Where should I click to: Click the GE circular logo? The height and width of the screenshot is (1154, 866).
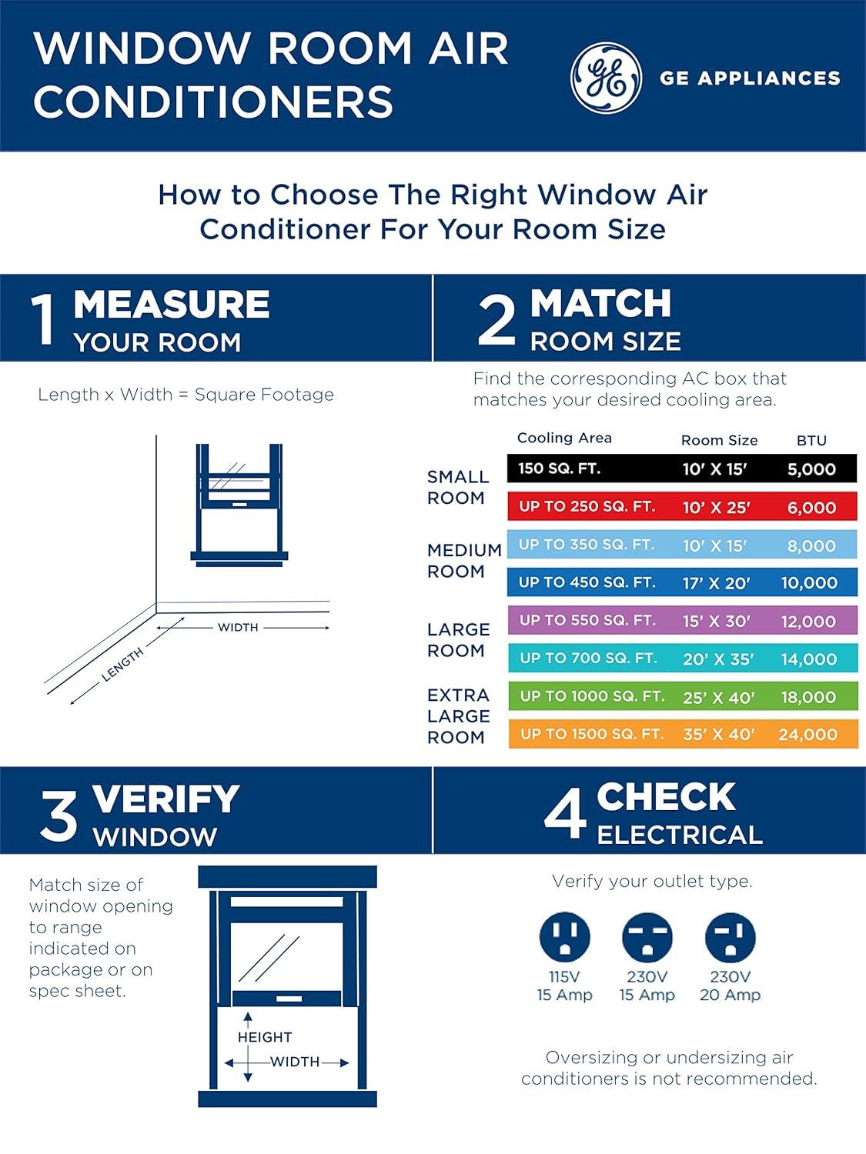[606, 78]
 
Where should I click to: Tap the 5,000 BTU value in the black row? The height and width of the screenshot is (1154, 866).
[811, 469]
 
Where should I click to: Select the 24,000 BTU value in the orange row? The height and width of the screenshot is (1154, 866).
[807, 735]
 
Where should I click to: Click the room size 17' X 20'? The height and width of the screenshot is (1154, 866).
[716, 583]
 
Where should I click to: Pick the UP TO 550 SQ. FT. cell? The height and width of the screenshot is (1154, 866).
[587, 621]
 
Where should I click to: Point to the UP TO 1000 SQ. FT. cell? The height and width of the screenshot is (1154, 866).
[592, 697]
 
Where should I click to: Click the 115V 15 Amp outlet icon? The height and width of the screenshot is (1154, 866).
[565, 937]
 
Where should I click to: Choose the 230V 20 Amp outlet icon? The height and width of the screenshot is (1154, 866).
[730, 937]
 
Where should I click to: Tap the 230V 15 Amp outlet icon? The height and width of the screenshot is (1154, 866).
[647, 937]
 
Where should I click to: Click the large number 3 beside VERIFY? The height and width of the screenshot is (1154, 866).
[59, 816]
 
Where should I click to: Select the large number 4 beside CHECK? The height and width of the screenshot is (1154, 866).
[565, 815]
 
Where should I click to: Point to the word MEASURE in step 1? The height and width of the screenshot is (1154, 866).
[172, 305]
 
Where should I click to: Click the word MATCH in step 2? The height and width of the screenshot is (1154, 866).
[600, 304]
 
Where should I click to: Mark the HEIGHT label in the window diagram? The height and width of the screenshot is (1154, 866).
[265, 1037]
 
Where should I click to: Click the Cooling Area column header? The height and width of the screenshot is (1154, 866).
[564, 438]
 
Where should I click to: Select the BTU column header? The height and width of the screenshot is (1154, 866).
[811, 441]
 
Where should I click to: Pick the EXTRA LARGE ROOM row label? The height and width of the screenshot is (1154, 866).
[459, 716]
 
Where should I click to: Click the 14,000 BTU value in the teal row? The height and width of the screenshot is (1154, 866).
[808, 659]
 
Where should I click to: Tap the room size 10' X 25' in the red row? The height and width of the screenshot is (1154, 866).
[716, 508]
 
